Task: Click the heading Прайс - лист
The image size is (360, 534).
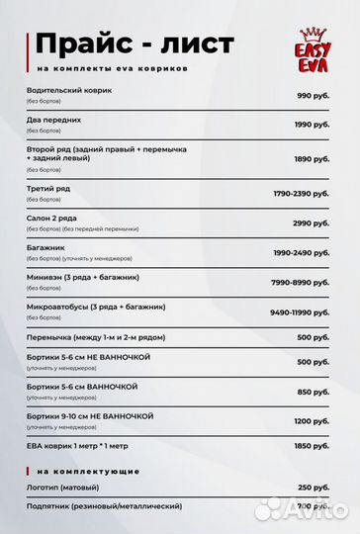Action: [x=135, y=44]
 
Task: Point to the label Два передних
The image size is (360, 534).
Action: [x=55, y=120]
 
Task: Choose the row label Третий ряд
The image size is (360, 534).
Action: [x=49, y=188]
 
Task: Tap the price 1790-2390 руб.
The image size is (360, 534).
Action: [x=301, y=194]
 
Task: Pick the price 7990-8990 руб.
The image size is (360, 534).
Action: [x=301, y=283]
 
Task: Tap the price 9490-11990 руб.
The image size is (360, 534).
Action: [x=300, y=312]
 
